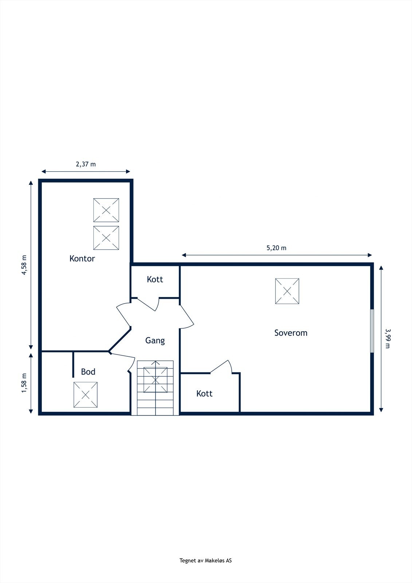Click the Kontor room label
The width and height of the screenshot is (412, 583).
point(82,259)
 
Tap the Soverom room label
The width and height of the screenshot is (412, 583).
point(291,333)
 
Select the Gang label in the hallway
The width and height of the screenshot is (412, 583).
point(155,340)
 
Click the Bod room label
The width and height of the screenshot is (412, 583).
point(88,372)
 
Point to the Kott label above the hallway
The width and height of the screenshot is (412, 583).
point(155,279)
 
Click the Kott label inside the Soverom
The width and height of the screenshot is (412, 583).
point(204,394)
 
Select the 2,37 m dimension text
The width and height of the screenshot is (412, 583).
point(86,164)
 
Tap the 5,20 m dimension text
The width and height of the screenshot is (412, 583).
point(276,248)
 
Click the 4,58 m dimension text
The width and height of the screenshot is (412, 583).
point(24,265)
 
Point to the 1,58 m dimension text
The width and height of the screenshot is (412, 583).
point(24,383)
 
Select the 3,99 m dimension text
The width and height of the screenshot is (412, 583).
point(387,338)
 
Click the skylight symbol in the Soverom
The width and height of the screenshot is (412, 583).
point(287,291)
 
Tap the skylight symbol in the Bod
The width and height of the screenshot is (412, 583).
point(85,395)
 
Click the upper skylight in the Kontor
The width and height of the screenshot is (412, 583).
point(106,210)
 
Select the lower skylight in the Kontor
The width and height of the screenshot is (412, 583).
point(106,238)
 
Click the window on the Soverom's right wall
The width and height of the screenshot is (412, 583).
point(372,331)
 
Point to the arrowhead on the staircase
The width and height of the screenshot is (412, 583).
point(156,363)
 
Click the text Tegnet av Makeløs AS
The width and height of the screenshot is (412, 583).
point(205,560)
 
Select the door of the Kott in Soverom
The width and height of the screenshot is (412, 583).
point(221,367)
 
